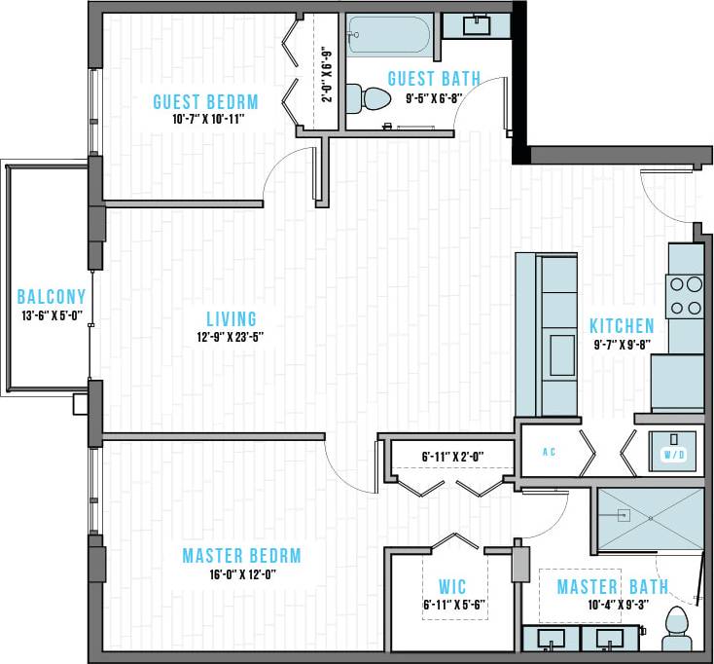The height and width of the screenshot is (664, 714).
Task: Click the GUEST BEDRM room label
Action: (x=205, y=101)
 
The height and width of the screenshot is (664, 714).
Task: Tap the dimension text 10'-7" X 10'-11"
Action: (x=205, y=119)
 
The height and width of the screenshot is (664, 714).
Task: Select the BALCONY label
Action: (x=52, y=297)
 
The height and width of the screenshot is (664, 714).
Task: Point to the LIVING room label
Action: (x=232, y=318)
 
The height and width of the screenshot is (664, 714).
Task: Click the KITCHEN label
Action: (x=622, y=325)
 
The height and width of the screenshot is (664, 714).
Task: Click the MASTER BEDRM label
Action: (x=241, y=556)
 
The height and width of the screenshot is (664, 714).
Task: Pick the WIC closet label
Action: (x=452, y=587)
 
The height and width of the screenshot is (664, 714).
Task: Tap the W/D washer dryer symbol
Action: (x=674, y=454)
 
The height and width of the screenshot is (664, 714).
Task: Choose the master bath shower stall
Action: (x=649, y=519)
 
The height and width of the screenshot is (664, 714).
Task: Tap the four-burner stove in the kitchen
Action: (x=685, y=296)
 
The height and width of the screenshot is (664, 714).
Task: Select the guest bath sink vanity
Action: (x=476, y=25)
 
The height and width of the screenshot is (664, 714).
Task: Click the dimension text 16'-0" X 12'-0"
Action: (x=241, y=574)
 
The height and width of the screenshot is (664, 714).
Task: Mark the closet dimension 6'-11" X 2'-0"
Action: (x=452, y=456)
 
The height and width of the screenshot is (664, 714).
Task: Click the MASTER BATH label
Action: (x=612, y=587)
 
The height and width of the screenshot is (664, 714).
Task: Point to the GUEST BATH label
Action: (x=434, y=79)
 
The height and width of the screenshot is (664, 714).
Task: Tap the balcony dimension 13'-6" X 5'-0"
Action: (x=52, y=315)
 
